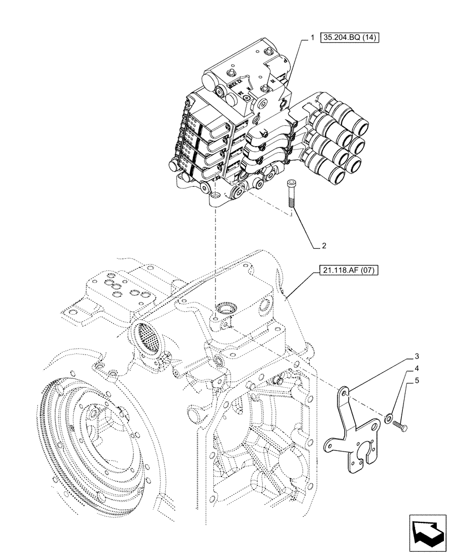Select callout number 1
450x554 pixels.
click(312, 38)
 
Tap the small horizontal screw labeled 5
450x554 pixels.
click(401, 426)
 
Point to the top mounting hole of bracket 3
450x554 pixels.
click(345, 392)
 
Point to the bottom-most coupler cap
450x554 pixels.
click(335, 177)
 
